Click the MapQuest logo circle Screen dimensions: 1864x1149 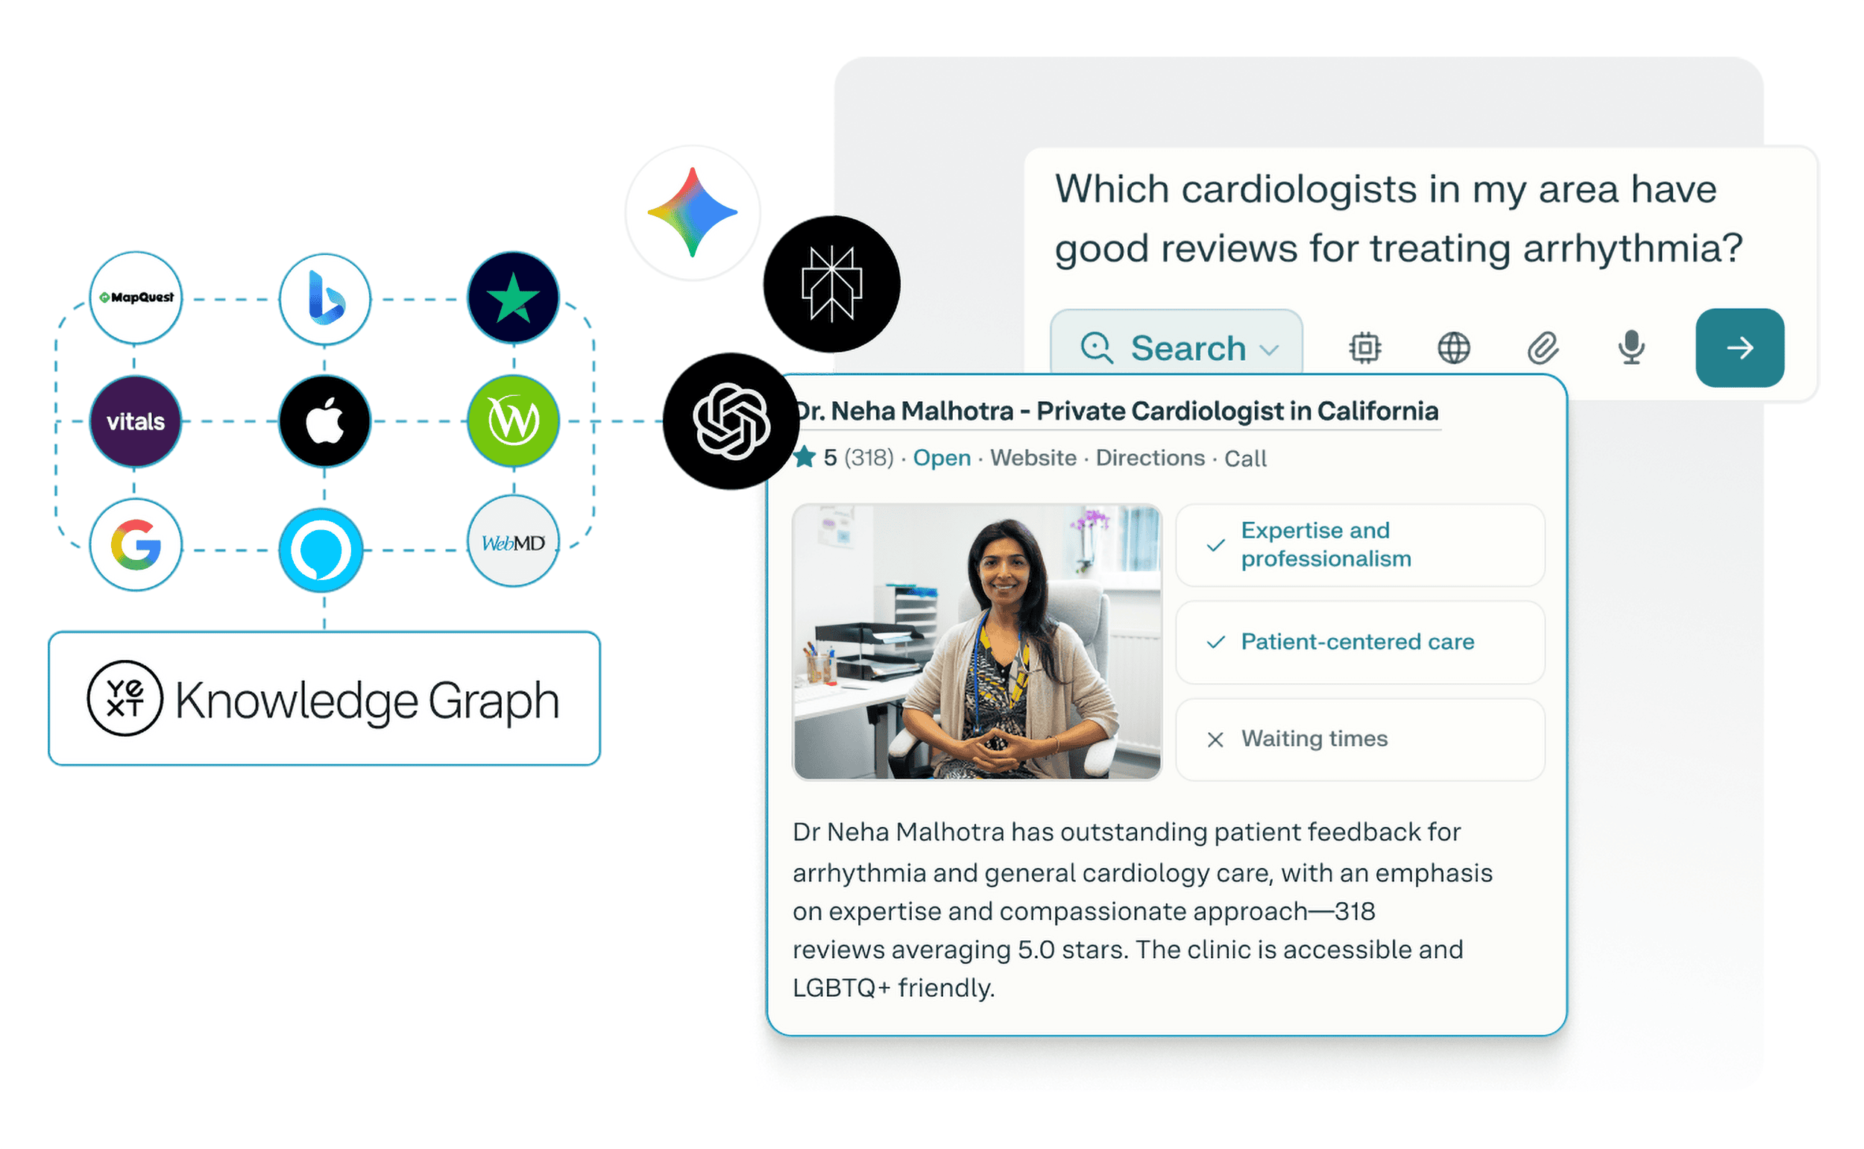click(x=136, y=298)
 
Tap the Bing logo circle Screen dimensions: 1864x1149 click(x=325, y=300)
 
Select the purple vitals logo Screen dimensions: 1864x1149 click(x=136, y=421)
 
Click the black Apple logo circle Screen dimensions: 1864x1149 click(x=325, y=421)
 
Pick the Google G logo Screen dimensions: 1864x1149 click(x=136, y=545)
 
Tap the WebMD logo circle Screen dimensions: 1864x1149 click(x=514, y=542)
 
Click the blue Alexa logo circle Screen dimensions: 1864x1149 click(x=321, y=551)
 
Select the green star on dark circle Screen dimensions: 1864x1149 click(x=514, y=298)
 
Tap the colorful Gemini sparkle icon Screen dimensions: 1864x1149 click(x=693, y=213)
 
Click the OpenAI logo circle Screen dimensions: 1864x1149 click(x=731, y=422)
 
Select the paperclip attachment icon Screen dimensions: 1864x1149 click(x=1544, y=348)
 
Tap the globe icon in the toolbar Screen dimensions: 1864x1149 click(x=1455, y=349)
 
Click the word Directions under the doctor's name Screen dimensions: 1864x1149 click(x=1150, y=459)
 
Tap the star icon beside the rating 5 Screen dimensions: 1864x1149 click(x=805, y=458)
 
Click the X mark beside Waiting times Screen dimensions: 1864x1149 click(x=1216, y=740)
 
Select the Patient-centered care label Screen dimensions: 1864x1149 click(x=1358, y=642)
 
